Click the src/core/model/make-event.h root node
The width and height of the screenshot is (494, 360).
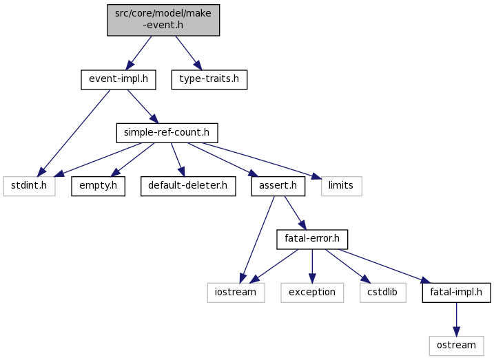tap(163, 19)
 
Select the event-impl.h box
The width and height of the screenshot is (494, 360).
tap(118, 80)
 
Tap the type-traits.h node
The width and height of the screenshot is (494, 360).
tap(209, 80)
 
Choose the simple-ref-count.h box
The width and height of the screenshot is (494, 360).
tap(167, 133)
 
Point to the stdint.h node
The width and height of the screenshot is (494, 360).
tap(29, 186)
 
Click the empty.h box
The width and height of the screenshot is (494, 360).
tap(98, 186)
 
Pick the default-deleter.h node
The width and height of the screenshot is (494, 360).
tap(188, 186)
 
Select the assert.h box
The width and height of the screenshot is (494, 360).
tap(278, 186)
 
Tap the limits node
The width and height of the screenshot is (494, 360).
tap(341, 186)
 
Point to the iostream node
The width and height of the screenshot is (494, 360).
tap(236, 292)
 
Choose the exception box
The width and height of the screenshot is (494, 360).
tap(311, 292)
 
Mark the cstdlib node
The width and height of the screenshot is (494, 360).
tap(382, 292)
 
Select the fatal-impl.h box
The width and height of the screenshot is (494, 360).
tap(455, 292)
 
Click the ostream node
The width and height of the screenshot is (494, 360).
tap(455, 345)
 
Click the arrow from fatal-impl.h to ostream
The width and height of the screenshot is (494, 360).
tap(455, 318)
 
